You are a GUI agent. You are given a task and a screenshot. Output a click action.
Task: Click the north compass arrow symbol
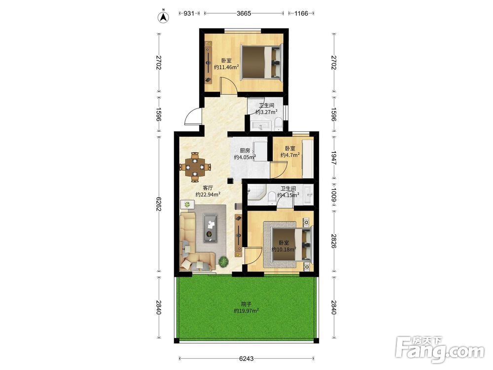click(163, 17)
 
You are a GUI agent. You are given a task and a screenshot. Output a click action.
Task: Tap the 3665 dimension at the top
click(244, 13)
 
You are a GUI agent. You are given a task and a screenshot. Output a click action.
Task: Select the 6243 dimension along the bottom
click(246, 358)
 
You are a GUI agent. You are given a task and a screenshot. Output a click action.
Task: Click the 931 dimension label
click(189, 13)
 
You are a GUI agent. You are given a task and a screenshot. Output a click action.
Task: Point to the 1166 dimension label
click(301, 13)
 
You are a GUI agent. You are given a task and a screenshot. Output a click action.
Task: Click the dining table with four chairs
click(195, 167)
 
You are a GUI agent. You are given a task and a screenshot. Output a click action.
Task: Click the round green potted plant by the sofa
click(223, 261)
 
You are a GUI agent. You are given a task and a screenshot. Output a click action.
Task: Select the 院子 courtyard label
click(246, 304)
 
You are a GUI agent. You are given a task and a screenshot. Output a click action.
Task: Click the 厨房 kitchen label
click(245, 150)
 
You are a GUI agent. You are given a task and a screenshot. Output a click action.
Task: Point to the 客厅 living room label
click(208, 187)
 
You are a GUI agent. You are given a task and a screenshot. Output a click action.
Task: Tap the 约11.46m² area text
click(226, 67)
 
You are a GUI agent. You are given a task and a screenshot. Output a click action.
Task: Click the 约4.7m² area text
click(290, 155)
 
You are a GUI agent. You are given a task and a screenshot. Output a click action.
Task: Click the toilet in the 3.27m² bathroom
click(278, 124)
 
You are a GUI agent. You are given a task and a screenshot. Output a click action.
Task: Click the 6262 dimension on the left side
click(158, 204)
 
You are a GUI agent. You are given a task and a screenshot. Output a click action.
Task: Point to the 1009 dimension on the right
click(334, 195)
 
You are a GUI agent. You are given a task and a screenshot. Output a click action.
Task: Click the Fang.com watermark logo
click(440, 350)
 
